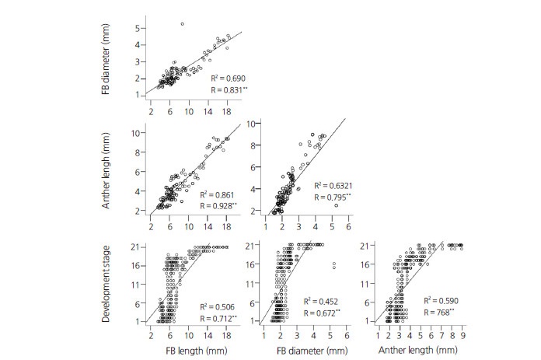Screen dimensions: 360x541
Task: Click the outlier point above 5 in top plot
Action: pyautogui.click(x=182, y=24)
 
